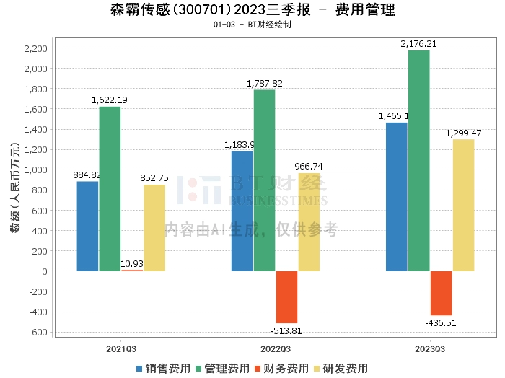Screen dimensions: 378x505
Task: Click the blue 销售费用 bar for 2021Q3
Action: coord(87,226)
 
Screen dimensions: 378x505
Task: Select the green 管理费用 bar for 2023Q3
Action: coord(418,161)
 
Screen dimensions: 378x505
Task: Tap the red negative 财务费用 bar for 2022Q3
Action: coord(286,296)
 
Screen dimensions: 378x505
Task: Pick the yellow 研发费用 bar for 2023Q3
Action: coord(463,205)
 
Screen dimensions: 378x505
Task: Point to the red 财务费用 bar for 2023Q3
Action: coord(441,293)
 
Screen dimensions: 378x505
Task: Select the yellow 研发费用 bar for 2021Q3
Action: coord(154,227)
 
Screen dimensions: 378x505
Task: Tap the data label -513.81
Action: coord(286,330)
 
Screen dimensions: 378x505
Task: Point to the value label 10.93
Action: coord(132,263)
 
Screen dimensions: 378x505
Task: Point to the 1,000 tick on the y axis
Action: coord(35,170)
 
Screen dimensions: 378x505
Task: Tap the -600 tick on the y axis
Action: coord(37,333)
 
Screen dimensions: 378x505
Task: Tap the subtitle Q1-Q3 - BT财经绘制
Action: coord(252,25)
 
